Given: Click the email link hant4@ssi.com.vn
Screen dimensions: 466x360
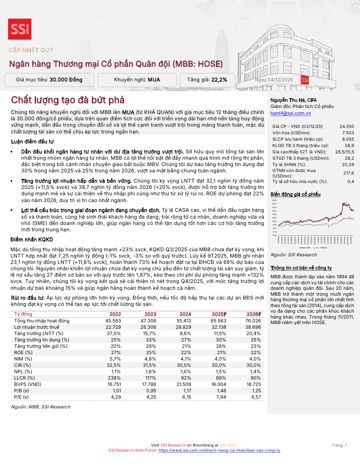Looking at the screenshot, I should [291, 113].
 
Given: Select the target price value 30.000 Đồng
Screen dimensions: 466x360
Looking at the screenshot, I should [66, 80].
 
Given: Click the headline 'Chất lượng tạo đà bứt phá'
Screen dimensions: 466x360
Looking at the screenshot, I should [68, 100].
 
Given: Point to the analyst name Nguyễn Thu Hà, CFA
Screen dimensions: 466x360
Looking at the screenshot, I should [291, 100].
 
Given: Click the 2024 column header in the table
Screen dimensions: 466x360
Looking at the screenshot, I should [185, 314].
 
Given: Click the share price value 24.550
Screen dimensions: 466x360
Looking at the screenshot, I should [346, 127].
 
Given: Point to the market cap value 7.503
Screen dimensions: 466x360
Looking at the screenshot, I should [348, 133].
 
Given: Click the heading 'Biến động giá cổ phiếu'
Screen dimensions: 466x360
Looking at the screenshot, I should [295, 194].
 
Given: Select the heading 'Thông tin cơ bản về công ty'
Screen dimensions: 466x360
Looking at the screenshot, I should [301, 268].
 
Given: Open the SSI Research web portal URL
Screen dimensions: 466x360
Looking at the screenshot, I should [219, 450].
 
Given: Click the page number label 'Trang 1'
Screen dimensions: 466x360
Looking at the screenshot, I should [339, 445].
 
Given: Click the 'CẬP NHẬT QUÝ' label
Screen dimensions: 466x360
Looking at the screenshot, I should [31, 50].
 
